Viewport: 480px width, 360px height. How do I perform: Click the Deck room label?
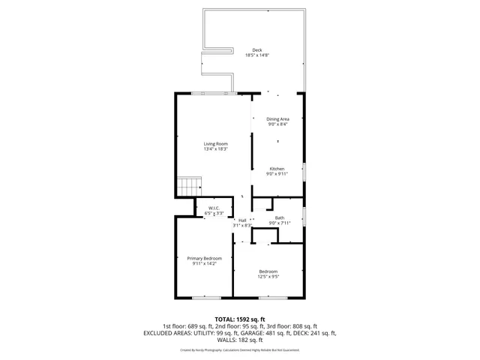pyautogui.click(x=257, y=50)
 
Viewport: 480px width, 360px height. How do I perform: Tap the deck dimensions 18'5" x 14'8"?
pyautogui.click(x=257, y=55)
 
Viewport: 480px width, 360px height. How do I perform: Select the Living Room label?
pyautogui.click(x=216, y=143)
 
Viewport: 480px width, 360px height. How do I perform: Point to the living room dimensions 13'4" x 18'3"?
pyautogui.click(x=216, y=148)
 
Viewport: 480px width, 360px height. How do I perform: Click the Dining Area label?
pyautogui.click(x=278, y=118)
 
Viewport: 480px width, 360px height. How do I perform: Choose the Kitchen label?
pyautogui.click(x=277, y=169)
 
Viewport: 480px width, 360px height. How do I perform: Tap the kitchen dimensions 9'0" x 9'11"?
pyautogui.click(x=277, y=174)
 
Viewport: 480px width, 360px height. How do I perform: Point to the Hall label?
pyautogui.click(x=242, y=220)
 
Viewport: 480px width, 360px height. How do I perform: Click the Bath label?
pyautogui.click(x=279, y=217)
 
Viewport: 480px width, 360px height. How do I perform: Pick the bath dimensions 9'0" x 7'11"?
pyautogui.click(x=279, y=223)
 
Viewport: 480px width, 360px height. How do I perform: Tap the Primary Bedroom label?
pyautogui.click(x=205, y=258)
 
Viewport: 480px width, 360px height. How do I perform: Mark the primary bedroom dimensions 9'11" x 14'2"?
pyautogui.click(x=205, y=263)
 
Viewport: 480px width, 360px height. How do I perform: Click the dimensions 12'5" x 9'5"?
pyautogui.click(x=268, y=277)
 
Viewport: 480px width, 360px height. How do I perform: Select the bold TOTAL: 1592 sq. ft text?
pyautogui.click(x=240, y=319)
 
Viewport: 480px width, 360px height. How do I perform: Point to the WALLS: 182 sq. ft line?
pyautogui.click(x=240, y=339)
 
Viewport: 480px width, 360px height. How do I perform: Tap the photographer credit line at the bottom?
pyautogui.click(x=240, y=349)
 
